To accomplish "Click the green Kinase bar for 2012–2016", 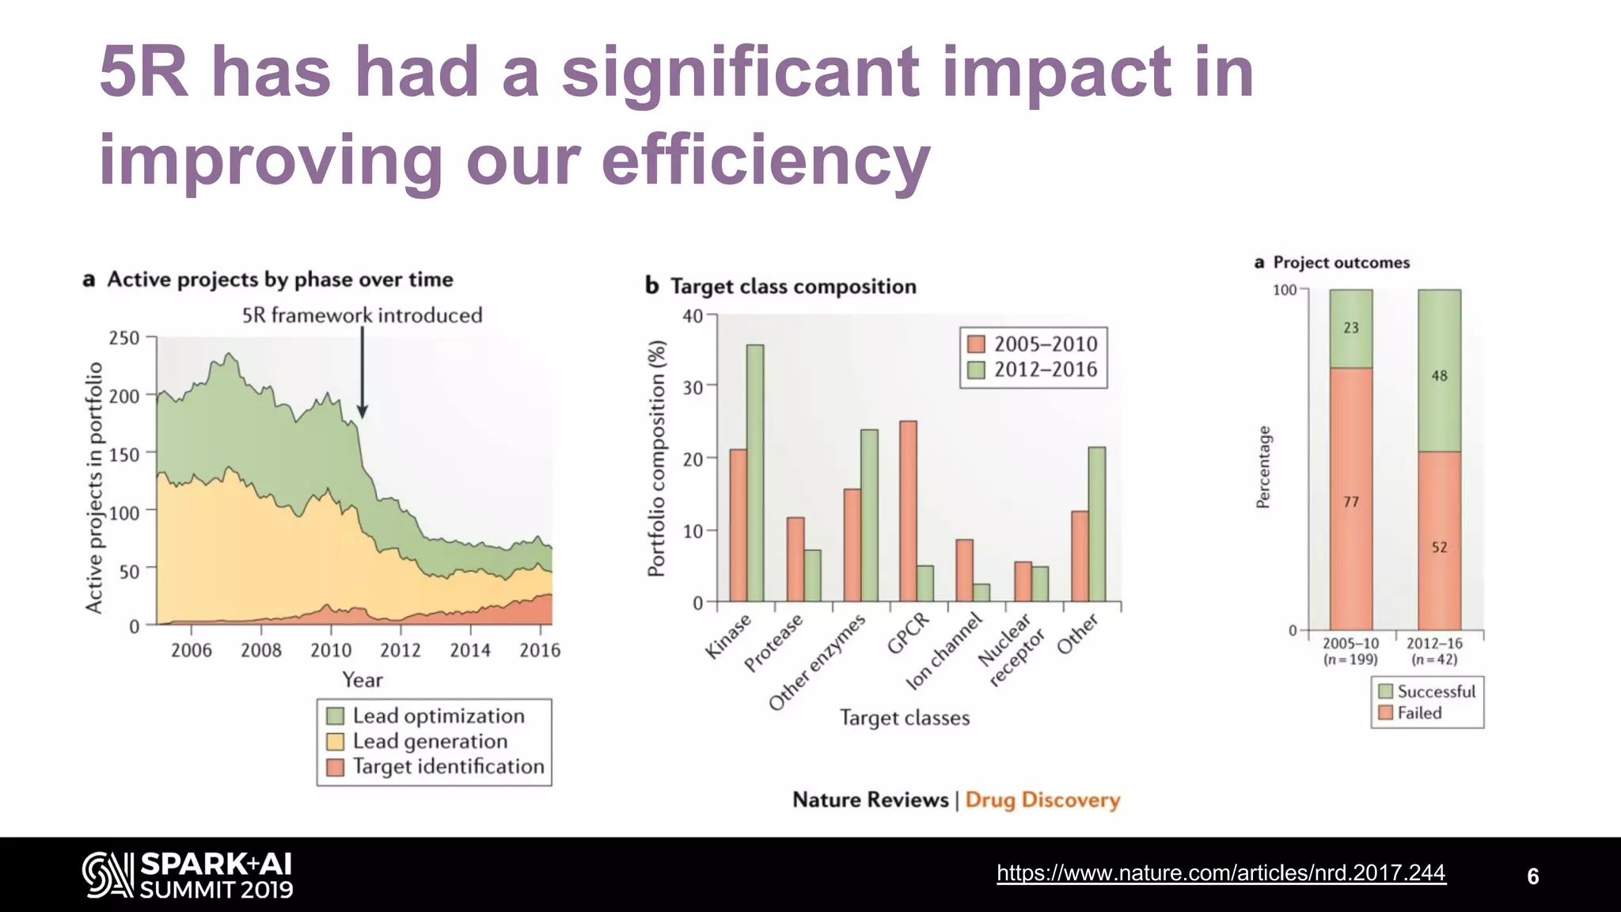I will tap(755, 473).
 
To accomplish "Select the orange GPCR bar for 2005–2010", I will tap(908, 511).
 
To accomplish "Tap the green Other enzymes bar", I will tap(869, 515).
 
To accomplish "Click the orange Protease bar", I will tap(795, 559).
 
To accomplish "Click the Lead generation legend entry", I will tap(430, 742).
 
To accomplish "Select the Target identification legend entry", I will tap(447, 767).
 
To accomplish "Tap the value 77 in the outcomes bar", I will tap(1351, 502).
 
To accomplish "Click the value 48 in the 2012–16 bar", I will tap(1439, 376).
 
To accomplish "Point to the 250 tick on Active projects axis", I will tap(123, 338).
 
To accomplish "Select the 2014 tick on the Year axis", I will tap(470, 650).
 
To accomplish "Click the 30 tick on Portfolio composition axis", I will tap(693, 387).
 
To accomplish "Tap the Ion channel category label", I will tap(943, 651).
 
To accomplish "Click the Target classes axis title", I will tap(904, 718).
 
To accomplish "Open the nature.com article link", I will tap(1220, 873).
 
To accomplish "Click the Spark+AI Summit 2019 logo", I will tap(188, 875).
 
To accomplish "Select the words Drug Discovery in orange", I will tap(1042, 800).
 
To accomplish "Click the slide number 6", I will tap(1532, 876).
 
